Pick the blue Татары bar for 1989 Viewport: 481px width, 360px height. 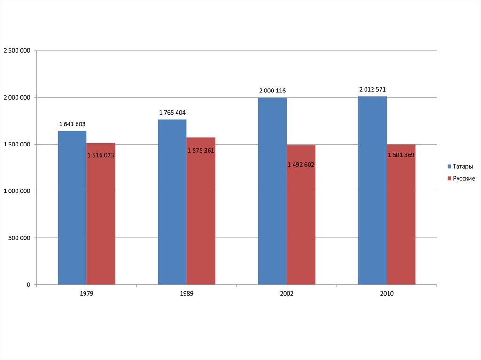172,202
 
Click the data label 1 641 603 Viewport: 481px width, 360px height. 72,124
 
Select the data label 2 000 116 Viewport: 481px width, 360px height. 272,91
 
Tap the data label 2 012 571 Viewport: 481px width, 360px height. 372,89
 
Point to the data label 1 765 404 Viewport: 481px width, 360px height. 172,113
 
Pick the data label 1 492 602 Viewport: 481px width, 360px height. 301,165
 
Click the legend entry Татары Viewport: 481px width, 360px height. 462,167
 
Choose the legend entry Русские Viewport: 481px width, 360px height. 463,178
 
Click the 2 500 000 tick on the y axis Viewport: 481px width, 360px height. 17,51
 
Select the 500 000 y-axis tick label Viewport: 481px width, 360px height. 19,238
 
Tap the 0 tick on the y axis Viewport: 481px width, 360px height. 28,285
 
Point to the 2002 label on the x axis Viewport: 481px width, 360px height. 287,294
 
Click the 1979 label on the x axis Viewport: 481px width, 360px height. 86,294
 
